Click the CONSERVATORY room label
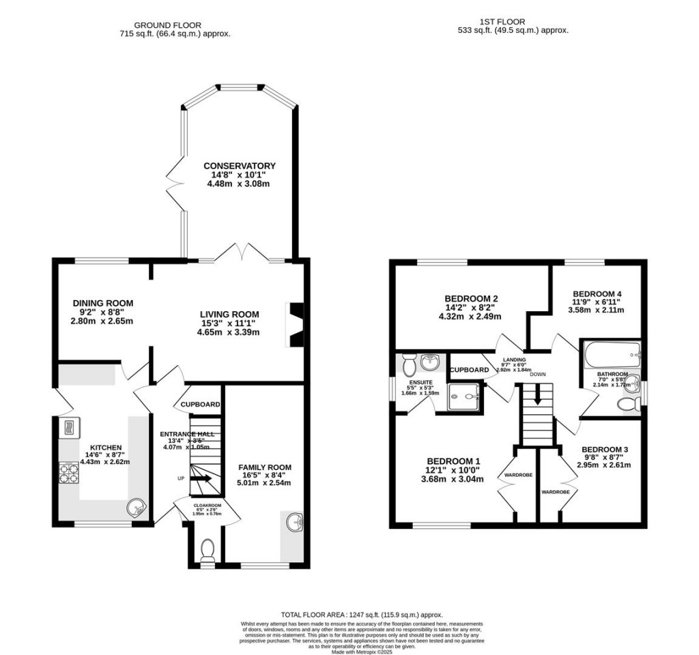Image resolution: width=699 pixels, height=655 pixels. click(x=238, y=166)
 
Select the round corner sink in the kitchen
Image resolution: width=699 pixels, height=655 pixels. click(x=137, y=507)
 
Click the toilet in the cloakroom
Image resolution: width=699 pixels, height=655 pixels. click(x=207, y=549)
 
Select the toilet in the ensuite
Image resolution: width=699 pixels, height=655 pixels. click(x=408, y=361)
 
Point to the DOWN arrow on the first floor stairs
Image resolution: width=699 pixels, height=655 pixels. click(x=538, y=395)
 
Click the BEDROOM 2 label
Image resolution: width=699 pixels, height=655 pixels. click(x=471, y=298)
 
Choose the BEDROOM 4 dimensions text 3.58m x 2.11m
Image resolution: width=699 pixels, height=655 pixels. click(x=596, y=310)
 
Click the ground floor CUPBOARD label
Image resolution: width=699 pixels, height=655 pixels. click(x=200, y=405)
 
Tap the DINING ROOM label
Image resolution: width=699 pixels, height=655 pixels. click(x=103, y=303)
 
